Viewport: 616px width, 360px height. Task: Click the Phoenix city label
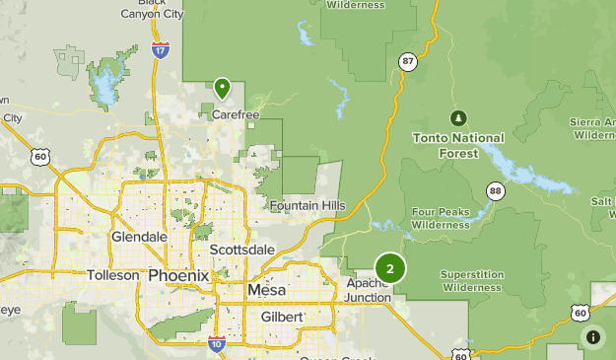(x=178, y=275)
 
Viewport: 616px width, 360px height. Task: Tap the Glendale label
(x=138, y=238)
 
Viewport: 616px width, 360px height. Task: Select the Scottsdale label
(x=236, y=251)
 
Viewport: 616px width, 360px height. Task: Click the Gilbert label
(x=282, y=317)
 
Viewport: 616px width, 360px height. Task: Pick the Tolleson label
(x=113, y=275)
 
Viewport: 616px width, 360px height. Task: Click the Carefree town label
(x=236, y=114)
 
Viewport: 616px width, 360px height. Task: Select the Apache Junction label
(x=368, y=290)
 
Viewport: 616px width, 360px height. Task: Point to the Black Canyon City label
(x=151, y=10)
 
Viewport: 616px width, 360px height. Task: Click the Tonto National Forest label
(x=458, y=145)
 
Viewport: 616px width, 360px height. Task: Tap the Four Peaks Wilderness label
(x=441, y=218)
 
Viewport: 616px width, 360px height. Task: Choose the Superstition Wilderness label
(x=473, y=281)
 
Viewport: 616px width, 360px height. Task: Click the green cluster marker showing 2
(x=390, y=267)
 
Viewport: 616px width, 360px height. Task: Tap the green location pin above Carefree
(x=223, y=89)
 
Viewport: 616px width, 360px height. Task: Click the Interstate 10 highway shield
(x=217, y=343)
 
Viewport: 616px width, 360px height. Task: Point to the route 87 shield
(x=408, y=61)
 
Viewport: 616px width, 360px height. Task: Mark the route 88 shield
(x=495, y=190)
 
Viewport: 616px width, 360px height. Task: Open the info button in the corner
(x=593, y=337)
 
